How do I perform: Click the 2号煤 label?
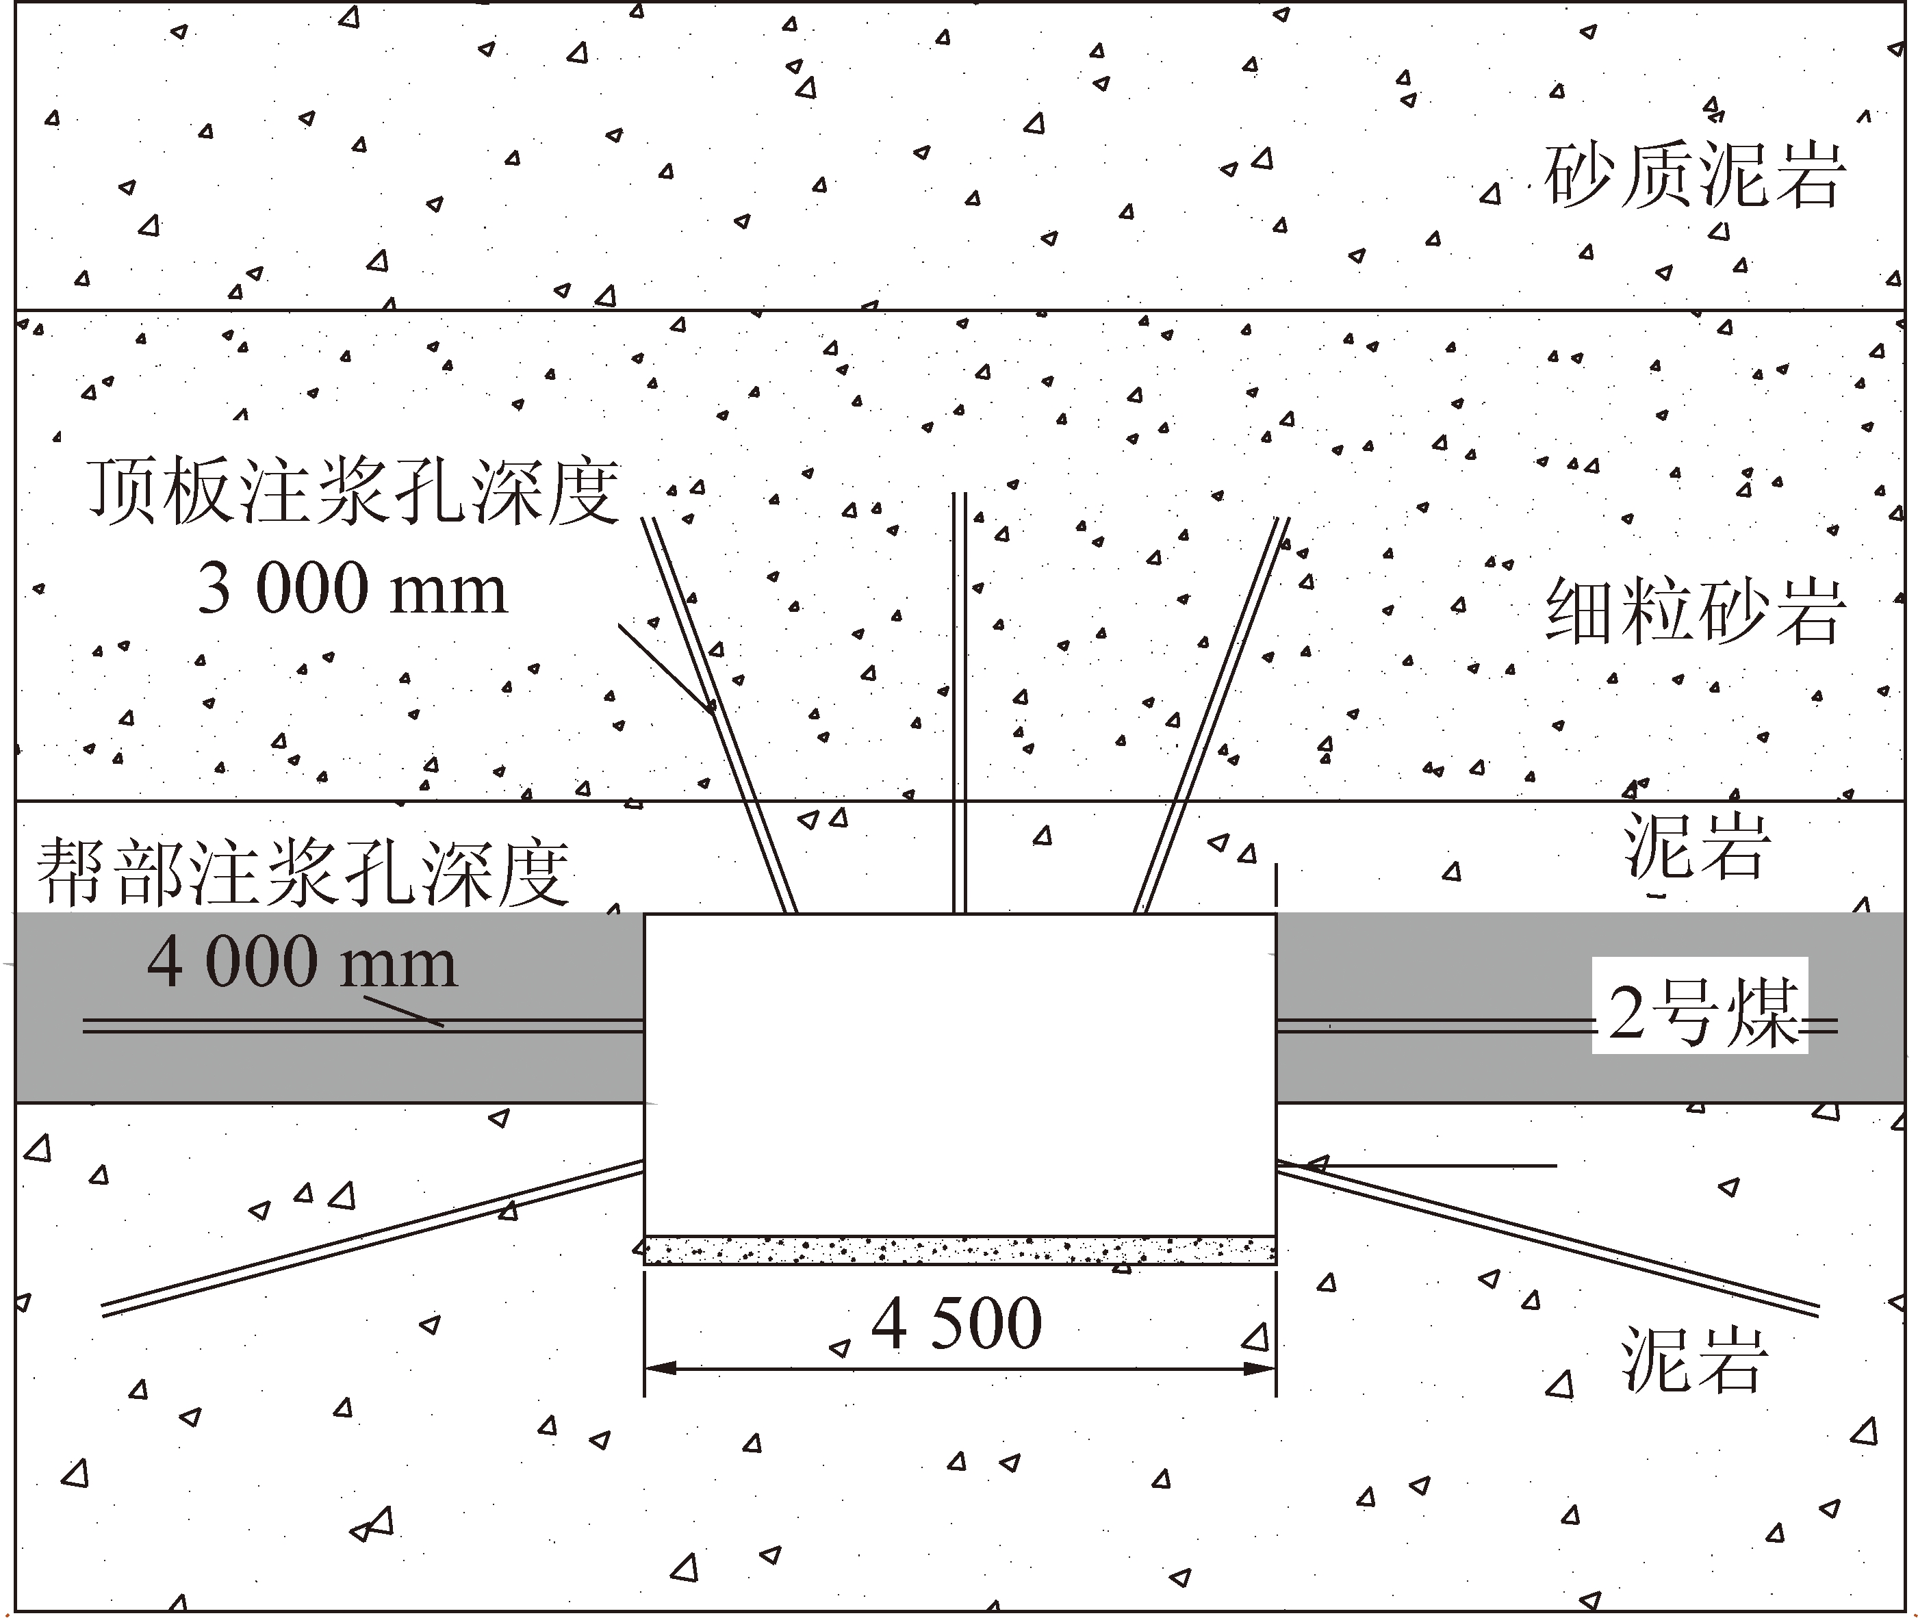[x=1700, y=1014]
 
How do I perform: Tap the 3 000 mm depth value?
[x=353, y=589]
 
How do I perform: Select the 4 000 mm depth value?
[x=302, y=963]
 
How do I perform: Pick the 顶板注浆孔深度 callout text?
[x=354, y=493]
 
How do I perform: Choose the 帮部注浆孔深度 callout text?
[x=303, y=871]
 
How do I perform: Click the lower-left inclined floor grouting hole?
[x=367, y=1238]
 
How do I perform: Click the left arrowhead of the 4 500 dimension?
[x=661, y=1368]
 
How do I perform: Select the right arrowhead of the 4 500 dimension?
[x=1260, y=1368]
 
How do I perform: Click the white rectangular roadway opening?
[x=960, y=1073]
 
